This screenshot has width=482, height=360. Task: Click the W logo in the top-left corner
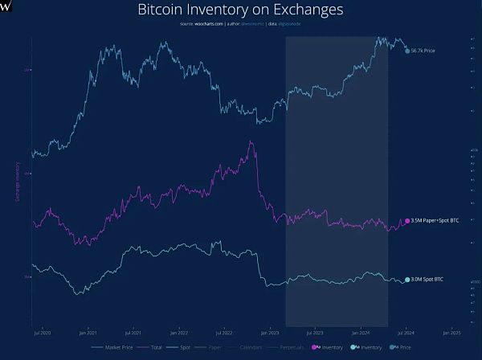[x=6, y=5]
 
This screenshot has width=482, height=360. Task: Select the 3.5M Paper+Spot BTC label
[x=435, y=220]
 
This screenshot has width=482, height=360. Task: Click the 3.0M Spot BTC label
[x=427, y=280]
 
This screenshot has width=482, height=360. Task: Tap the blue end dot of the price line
[x=407, y=51]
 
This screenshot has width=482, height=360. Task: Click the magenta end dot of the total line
[x=406, y=220]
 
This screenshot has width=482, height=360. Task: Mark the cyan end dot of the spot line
[x=406, y=280]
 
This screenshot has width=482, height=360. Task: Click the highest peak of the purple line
[x=251, y=142]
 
